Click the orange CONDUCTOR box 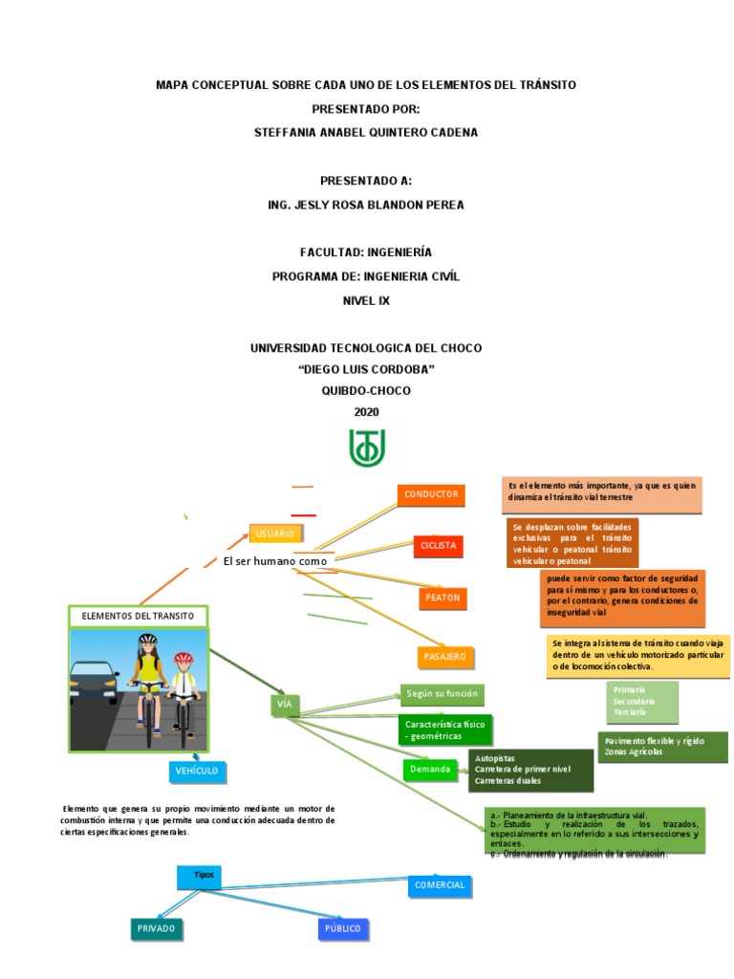432,494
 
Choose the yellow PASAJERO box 444,657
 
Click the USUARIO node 276,533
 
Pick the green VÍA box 284,706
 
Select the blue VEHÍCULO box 198,771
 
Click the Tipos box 204,876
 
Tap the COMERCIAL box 440,885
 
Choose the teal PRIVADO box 156,927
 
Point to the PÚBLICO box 343,927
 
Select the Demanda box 430,770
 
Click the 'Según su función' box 441,695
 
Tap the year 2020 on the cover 366,412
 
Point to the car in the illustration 96,685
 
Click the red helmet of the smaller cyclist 183,659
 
